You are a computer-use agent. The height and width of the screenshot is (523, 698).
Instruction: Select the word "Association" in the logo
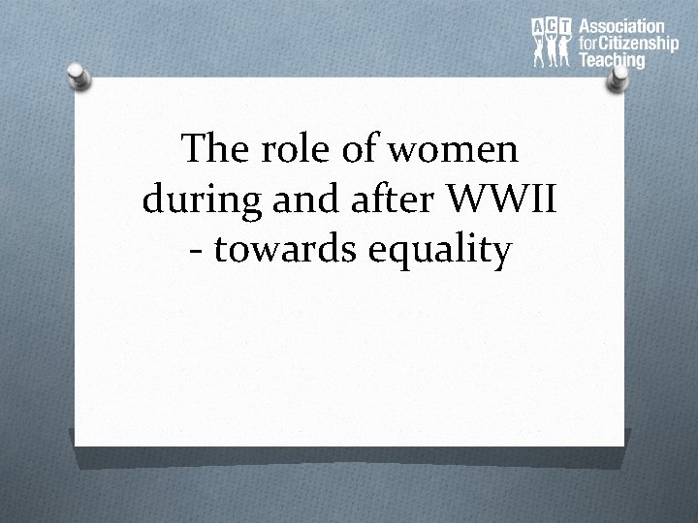[x=620, y=27]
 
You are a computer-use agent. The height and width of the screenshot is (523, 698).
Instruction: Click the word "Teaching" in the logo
[x=611, y=60]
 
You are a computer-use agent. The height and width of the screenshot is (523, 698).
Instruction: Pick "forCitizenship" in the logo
[x=627, y=44]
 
